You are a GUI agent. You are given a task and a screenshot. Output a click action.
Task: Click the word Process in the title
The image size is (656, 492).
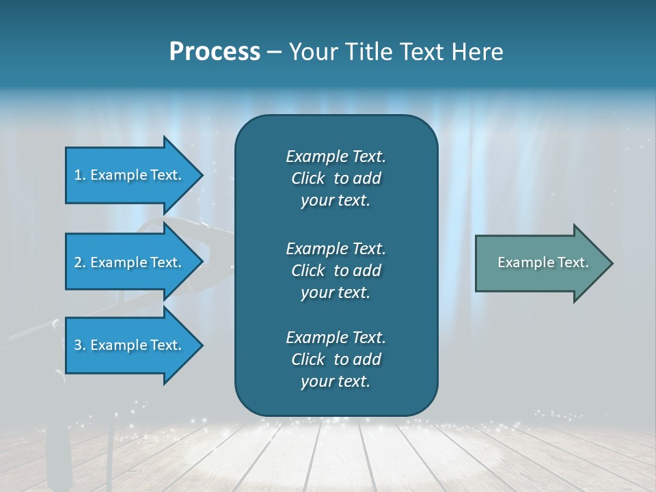coord(215,52)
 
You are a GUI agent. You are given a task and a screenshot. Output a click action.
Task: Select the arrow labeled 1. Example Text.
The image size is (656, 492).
coord(130,175)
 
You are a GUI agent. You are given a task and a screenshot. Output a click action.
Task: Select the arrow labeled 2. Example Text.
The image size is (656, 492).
coord(130,262)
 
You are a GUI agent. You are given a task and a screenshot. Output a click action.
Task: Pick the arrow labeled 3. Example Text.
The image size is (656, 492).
coord(130,345)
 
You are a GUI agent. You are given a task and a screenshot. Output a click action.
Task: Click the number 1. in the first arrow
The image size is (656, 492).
coord(80,175)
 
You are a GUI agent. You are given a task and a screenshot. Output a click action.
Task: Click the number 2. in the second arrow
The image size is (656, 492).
coord(80,262)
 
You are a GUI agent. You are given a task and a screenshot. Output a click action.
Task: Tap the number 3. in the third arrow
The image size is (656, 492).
coord(80,345)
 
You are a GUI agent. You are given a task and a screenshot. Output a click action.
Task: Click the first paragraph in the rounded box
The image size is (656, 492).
coord(336,178)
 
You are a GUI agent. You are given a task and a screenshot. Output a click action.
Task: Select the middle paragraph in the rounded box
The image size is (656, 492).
coord(336,271)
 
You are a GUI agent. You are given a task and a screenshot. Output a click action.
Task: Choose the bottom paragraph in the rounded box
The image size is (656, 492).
coord(336,359)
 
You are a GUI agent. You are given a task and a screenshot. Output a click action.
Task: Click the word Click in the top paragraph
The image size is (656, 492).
coord(307,178)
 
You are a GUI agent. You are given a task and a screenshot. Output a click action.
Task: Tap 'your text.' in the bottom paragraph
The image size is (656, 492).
coord(336,381)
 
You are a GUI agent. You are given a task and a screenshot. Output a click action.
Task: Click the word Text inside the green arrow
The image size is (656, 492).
coord(573,262)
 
